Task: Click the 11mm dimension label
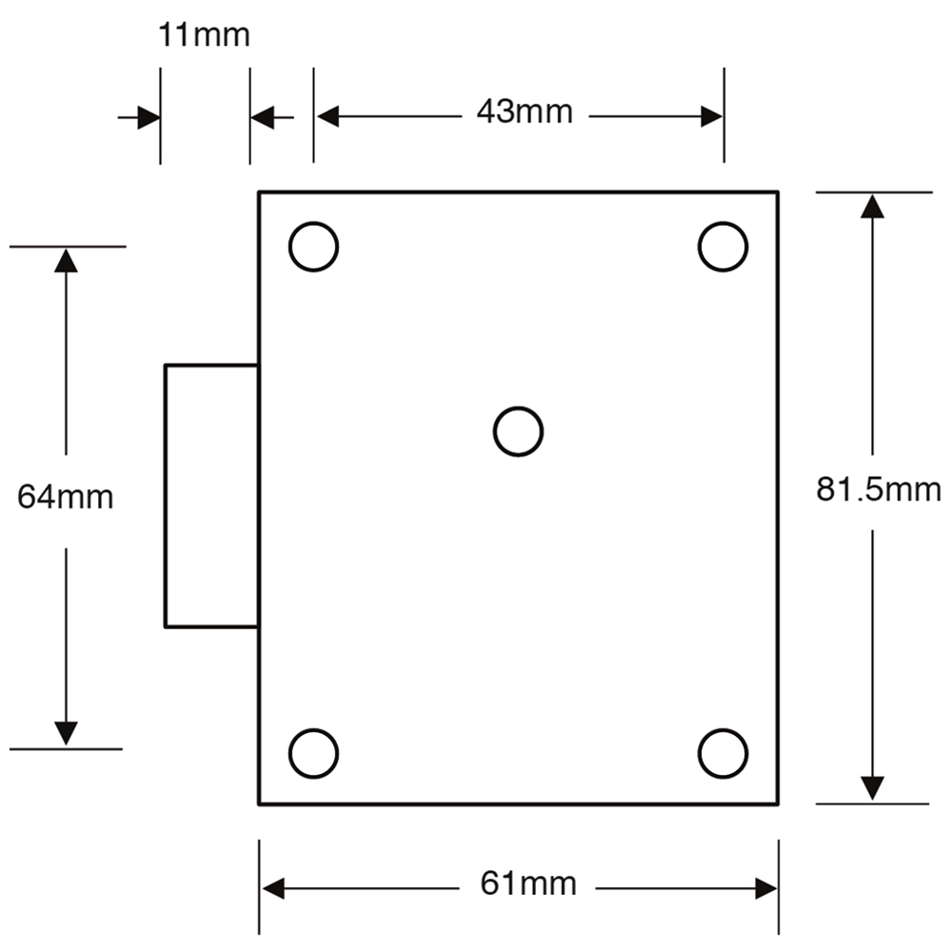204,36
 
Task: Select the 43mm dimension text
526,114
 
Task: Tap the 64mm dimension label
66,497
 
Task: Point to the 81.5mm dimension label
877,491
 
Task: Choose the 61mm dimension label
530,885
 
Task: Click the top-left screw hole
314,246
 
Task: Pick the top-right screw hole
723,246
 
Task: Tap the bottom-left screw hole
314,753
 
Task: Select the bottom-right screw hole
723,753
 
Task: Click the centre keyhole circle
518,431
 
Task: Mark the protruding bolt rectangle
211,495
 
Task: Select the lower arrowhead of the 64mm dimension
66,733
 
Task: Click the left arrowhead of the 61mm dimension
273,888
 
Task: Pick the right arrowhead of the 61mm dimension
765,888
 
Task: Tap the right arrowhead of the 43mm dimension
710,116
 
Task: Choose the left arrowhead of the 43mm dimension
327,116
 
